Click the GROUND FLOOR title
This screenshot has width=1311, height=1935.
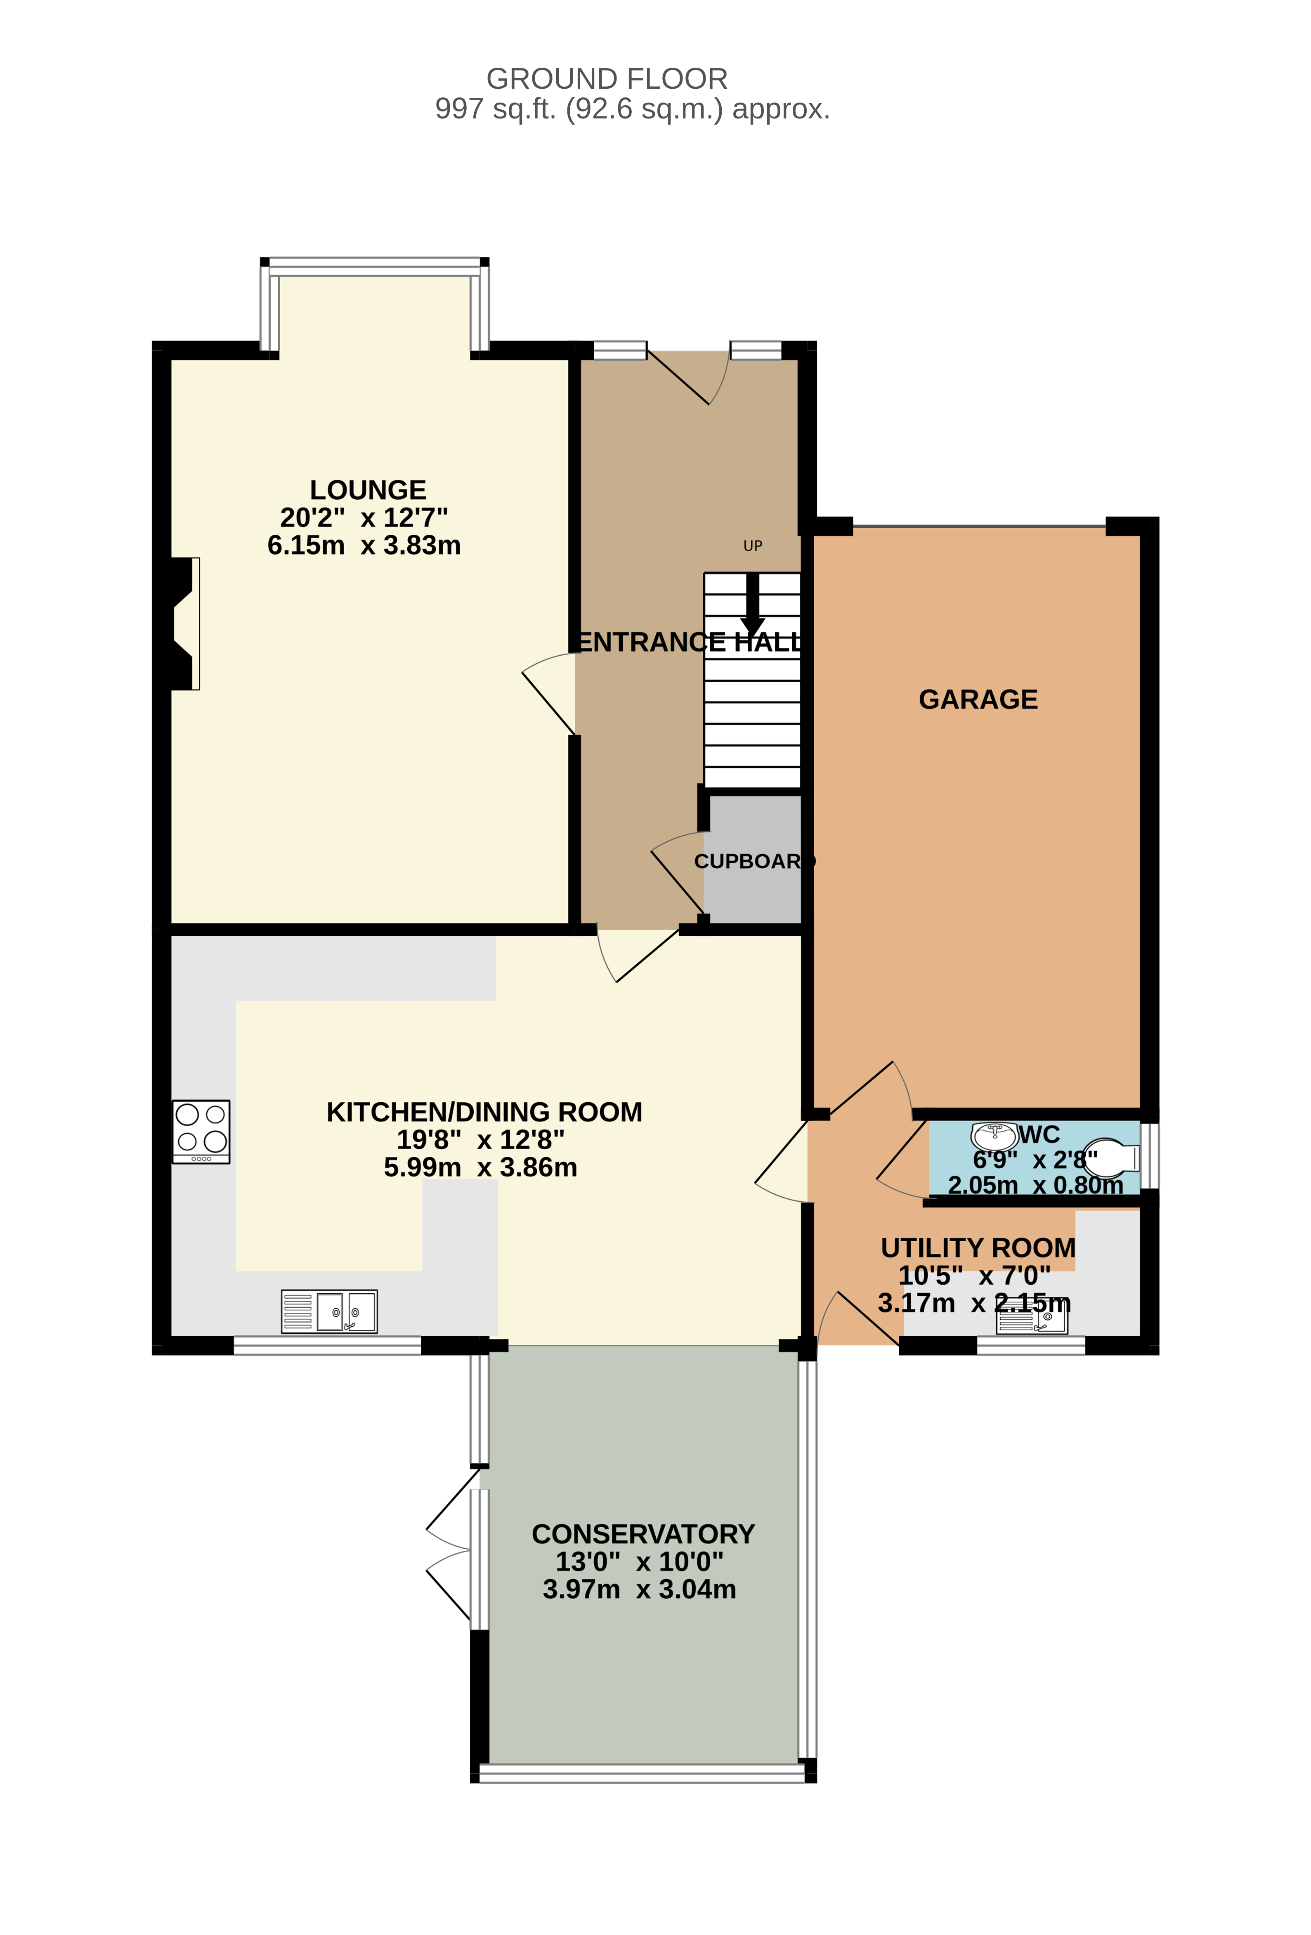(x=607, y=79)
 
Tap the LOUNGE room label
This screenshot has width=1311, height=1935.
(x=368, y=489)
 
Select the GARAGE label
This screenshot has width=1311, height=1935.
(x=978, y=699)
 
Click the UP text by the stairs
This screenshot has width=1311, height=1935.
(x=752, y=546)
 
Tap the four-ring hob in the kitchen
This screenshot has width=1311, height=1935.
(x=201, y=1132)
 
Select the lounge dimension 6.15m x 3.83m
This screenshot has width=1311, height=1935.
(x=364, y=546)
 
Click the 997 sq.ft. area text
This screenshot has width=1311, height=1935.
(x=633, y=109)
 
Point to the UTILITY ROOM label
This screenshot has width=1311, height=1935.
(x=978, y=1248)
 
